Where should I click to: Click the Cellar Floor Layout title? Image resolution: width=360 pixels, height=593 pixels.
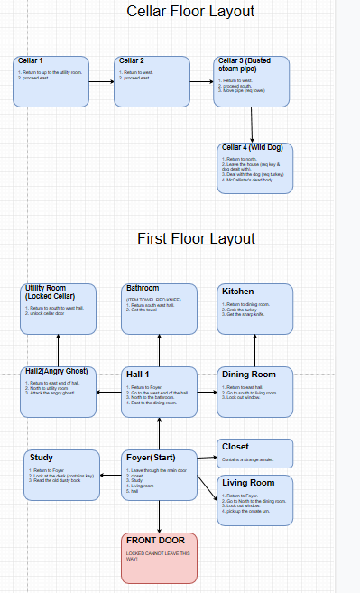pyautogui.click(x=190, y=12)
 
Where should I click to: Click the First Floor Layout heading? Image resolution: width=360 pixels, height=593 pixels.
pyautogui.click(x=196, y=238)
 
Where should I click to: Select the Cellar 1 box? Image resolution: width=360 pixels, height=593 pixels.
pyautogui.click(x=52, y=81)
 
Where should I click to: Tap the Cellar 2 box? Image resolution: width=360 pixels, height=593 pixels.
pyautogui.click(x=152, y=81)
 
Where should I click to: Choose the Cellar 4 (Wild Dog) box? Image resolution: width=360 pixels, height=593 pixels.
pyautogui.click(x=255, y=167)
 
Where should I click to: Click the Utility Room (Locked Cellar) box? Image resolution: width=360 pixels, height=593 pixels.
pyautogui.click(x=58, y=309)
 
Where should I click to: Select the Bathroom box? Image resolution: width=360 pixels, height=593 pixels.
pyautogui.click(x=159, y=309)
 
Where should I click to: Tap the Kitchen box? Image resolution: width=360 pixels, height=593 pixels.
pyautogui.click(x=256, y=309)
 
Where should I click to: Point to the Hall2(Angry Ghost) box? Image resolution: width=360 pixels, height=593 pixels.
pyautogui.click(x=58, y=392)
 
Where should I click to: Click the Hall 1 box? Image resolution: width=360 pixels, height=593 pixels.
pyautogui.click(x=159, y=392)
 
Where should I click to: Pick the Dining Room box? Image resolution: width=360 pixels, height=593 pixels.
pyautogui.click(x=256, y=392)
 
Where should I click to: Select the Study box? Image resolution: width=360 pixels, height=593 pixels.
pyautogui.click(x=60, y=475)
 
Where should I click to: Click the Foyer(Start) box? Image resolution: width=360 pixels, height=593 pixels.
pyautogui.click(x=159, y=475)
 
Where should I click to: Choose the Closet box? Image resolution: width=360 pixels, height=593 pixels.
pyautogui.click(x=256, y=453)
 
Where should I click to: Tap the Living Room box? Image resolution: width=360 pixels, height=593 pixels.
pyautogui.click(x=256, y=500)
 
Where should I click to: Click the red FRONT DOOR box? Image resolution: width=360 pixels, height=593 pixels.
pyautogui.click(x=159, y=557)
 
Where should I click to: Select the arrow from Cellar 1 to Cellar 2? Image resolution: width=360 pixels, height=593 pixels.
pyautogui.click(x=102, y=82)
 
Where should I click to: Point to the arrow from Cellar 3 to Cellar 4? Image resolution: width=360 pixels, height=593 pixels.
pyautogui.click(x=253, y=125)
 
